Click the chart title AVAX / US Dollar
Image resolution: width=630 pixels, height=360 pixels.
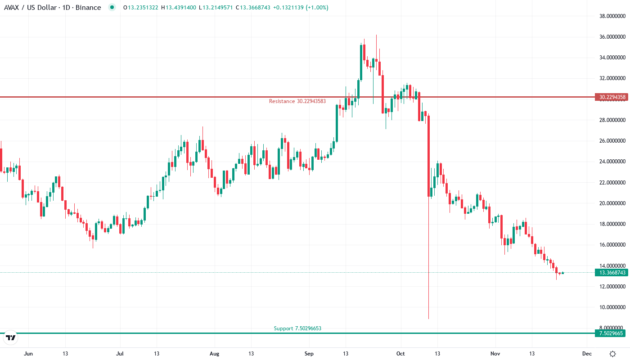coord(33,8)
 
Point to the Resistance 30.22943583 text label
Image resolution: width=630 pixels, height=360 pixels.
coord(297,101)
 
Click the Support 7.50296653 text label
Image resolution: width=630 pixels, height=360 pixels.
coord(297,328)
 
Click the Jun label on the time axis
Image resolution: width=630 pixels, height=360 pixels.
coord(28,354)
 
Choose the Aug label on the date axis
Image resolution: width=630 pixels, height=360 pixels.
coord(215,354)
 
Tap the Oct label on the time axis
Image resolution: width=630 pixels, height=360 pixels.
coord(401,354)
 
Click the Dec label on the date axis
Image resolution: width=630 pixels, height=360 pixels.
coord(587,354)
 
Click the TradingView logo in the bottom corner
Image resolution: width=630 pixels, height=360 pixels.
coord(11,337)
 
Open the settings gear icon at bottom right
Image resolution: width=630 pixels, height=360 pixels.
coord(612,354)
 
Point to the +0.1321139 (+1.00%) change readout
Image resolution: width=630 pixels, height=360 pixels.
coord(300,8)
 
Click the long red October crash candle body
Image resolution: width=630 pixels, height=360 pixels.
coord(429,156)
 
